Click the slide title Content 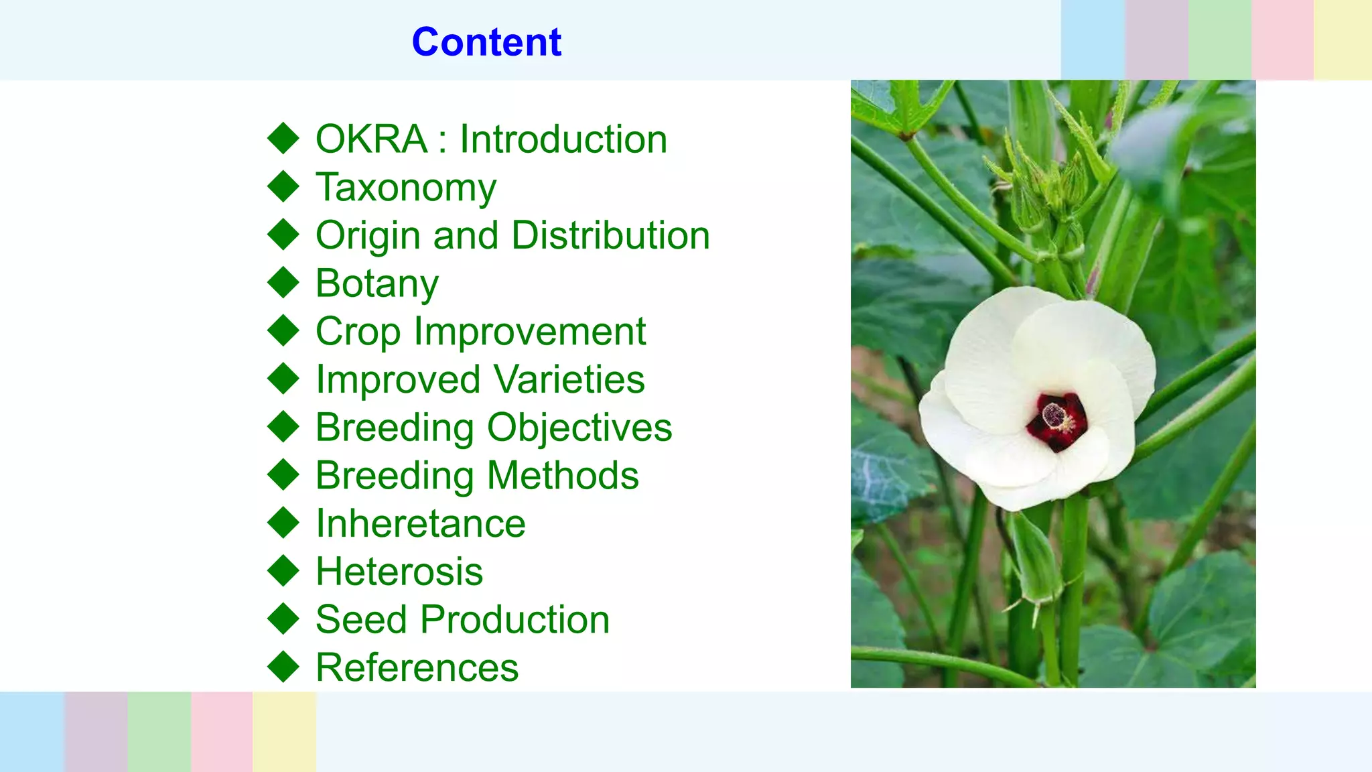486,42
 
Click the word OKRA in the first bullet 371,139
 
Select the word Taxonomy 406,188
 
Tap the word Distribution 610,236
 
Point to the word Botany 377,284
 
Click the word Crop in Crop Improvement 358,332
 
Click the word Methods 563,476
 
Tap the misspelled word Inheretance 421,523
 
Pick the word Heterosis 399,572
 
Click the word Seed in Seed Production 361,619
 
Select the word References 417,667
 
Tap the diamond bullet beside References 283,667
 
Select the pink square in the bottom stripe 222,731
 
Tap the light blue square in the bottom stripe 32,731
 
